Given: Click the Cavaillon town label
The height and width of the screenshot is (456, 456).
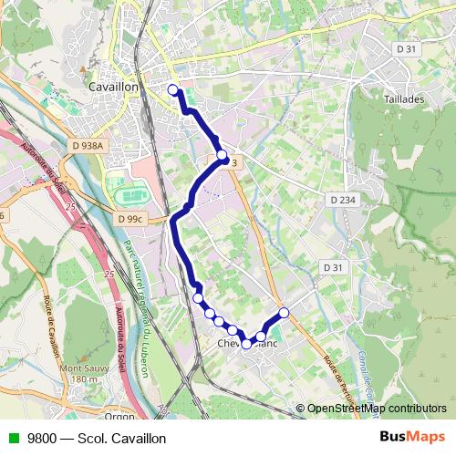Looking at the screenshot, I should point(114,86).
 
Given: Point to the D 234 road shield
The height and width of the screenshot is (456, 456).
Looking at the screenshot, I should point(343,199).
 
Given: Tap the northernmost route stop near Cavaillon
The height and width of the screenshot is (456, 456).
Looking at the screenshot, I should point(173,88).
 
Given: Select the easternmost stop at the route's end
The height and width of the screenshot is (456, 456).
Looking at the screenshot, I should point(284,313).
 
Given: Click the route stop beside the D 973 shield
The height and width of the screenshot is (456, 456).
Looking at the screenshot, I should point(222,155).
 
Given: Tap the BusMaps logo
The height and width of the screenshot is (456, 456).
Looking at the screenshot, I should point(412,436).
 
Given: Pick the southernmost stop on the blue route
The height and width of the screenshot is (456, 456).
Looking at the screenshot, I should point(246,344).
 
